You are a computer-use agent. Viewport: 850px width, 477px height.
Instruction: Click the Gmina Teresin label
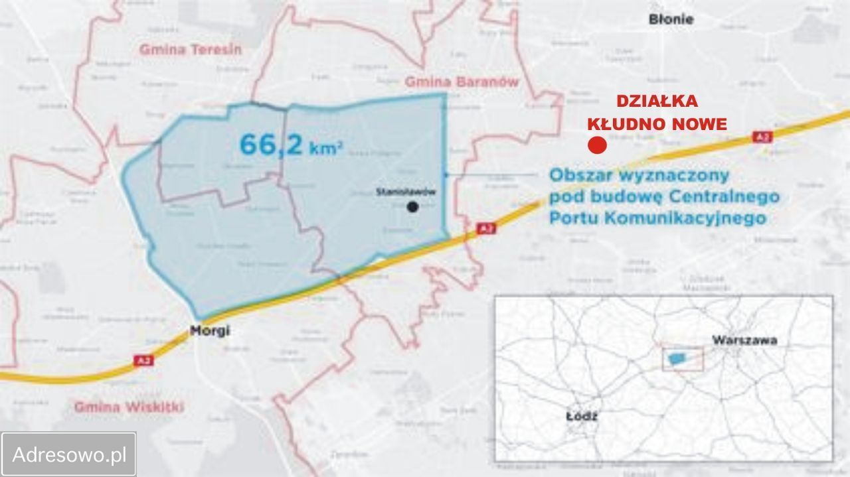191,50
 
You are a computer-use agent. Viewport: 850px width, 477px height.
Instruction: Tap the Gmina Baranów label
462,82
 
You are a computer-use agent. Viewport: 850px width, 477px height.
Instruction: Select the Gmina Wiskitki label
129,407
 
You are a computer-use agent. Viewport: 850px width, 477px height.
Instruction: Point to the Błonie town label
671,19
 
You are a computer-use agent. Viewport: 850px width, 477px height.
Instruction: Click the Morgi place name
210,330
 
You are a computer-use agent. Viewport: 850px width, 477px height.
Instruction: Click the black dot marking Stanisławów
413,207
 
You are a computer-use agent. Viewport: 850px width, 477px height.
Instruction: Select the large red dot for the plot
597,145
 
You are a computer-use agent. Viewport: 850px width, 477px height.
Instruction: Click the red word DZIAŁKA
657,102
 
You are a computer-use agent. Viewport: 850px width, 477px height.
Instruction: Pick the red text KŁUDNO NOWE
657,124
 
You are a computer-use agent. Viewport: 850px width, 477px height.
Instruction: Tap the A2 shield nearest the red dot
762,137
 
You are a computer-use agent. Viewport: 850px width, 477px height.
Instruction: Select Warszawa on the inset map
744,340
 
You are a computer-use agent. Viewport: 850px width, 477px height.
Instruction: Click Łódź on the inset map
582,417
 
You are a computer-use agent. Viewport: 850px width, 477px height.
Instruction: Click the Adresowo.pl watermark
69,454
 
